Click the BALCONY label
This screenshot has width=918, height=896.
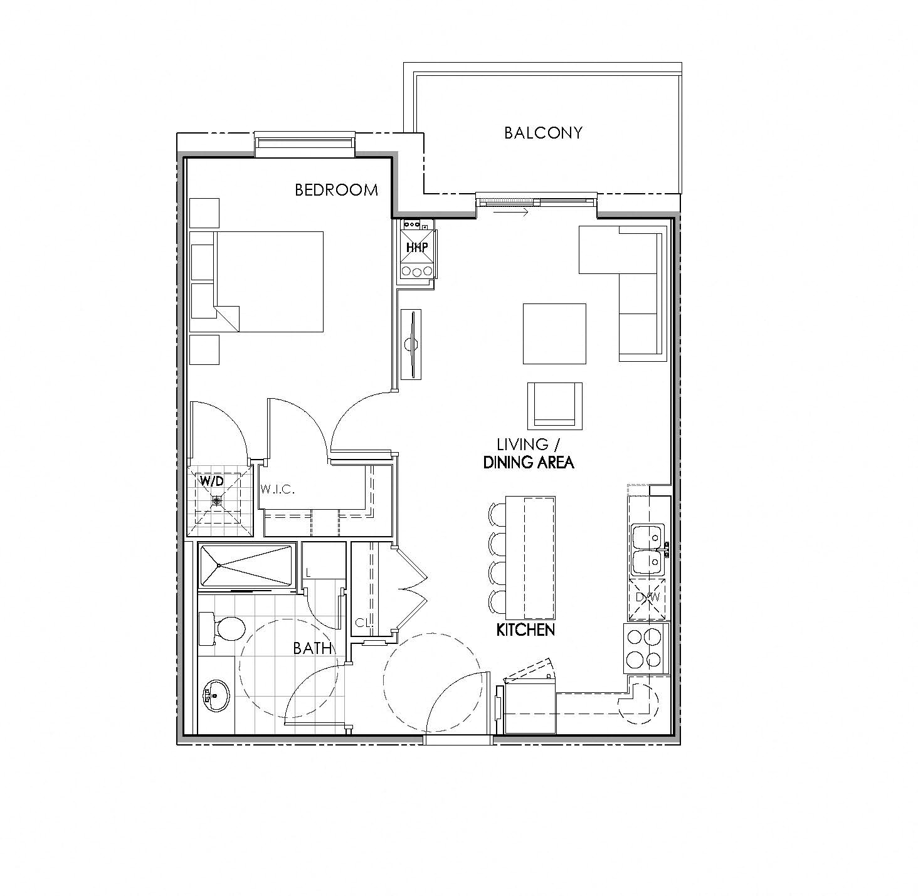[x=543, y=133]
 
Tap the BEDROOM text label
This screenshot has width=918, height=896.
[x=336, y=190]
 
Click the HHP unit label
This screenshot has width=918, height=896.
[x=417, y=248]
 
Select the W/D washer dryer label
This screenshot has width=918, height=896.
[x=211, y=482]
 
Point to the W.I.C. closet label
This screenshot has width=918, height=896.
[x=277, y=489]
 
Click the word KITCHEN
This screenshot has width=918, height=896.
[x=525, y=630]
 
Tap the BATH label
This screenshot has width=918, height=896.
[x=312, y=648]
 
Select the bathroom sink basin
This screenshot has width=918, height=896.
[x=215, y=695]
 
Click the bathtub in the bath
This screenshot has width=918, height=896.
[x=246, y=566]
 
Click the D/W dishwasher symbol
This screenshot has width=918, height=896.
[x=647, y=598]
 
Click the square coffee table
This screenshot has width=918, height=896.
[x=554, y=334]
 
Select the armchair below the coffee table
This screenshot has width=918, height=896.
[x=554, y=405]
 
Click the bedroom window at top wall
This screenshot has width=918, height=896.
[x=305, y=144]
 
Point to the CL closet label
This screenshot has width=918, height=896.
[x=361, y=623]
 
